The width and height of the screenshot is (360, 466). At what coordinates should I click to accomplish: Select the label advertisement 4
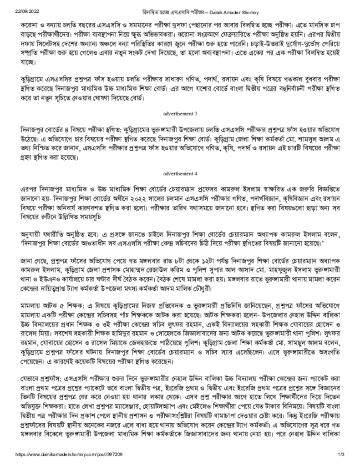(x=180, y=173)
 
